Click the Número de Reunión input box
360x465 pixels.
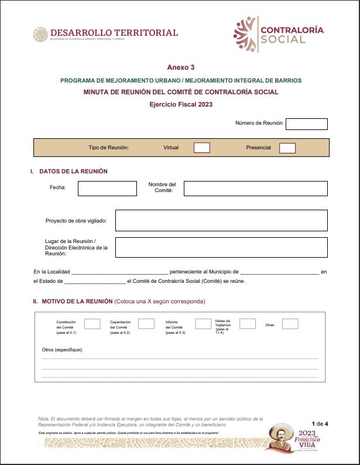tap(306, 124)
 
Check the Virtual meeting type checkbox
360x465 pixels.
tap(201, 148)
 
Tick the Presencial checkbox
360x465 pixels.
tap(287, 148)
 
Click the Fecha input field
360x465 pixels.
tap(107, 188)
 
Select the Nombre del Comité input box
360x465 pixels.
tap(255, 188)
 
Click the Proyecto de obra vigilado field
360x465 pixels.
tap(221, 220)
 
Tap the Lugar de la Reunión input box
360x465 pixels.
tap(221, 247)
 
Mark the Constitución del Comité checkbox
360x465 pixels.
tap(92, 323)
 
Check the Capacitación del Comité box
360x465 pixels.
tap(146, 323)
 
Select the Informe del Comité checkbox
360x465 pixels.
tap(203, 323)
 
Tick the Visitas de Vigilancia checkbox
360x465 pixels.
tap(248, 323)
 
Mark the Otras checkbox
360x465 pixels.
tap(290, 323)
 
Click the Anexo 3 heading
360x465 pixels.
tap(180, 67)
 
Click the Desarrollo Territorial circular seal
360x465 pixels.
tap(40, 34)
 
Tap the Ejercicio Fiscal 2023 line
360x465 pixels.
tap(180, 104)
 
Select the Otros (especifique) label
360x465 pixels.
tap(63, 350)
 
